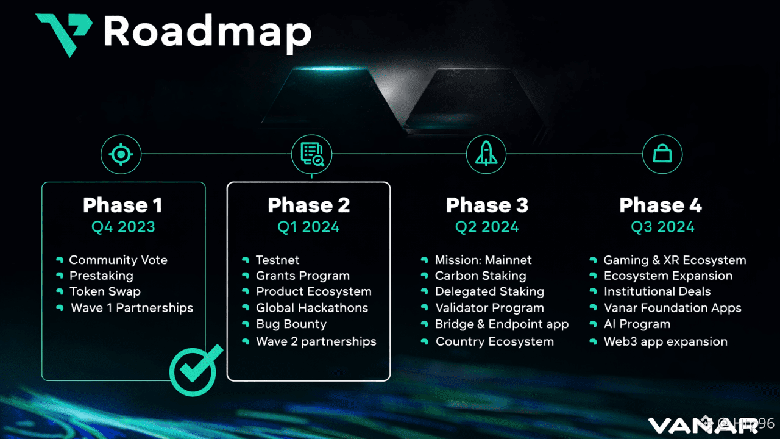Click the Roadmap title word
tap(207, 32)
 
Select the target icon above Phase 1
tap(121, 154)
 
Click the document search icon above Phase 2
tap(312, 154)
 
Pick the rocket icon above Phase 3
tap(486, 154)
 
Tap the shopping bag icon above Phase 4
tap(662, 154)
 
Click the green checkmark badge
tap(193, 370)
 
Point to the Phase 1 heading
tap(122, 205)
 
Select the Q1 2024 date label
tap(308, 227)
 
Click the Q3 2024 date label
tap(662, 227)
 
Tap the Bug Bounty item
tap(291, 324)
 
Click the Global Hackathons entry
tap(312, 308)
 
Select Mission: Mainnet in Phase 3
tap(483, 260)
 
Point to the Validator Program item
tap(489, 308)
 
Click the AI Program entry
tap(637, 324)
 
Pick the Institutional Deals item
tap(657, 291)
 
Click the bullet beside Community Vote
tap(60, 260)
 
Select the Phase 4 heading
tap(661, 205)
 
